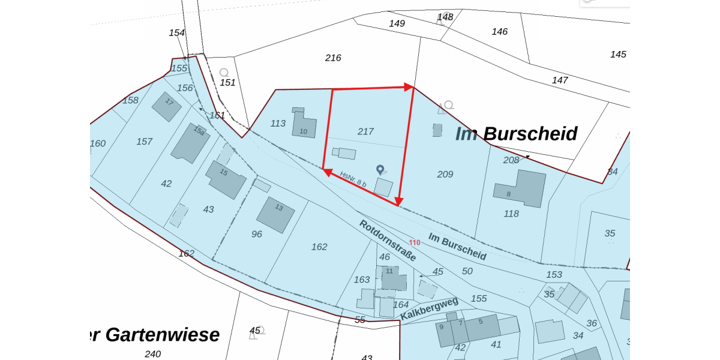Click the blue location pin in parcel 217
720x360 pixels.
380,170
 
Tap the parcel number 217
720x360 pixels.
365,131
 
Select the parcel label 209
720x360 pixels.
445,175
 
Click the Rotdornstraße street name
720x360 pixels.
388,241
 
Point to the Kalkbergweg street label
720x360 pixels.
429,308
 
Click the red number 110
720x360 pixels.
414,242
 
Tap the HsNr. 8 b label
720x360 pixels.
353,179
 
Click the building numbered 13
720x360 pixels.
275,214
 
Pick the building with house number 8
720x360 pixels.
520,188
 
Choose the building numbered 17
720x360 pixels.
166,106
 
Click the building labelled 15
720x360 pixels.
226,179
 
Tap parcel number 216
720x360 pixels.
333,58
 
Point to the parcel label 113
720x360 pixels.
278,124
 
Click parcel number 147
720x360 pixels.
560,80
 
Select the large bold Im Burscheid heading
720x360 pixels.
516,133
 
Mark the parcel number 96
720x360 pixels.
257,234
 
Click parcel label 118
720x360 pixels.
511,214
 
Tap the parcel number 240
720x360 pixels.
152,354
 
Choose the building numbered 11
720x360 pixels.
394,279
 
